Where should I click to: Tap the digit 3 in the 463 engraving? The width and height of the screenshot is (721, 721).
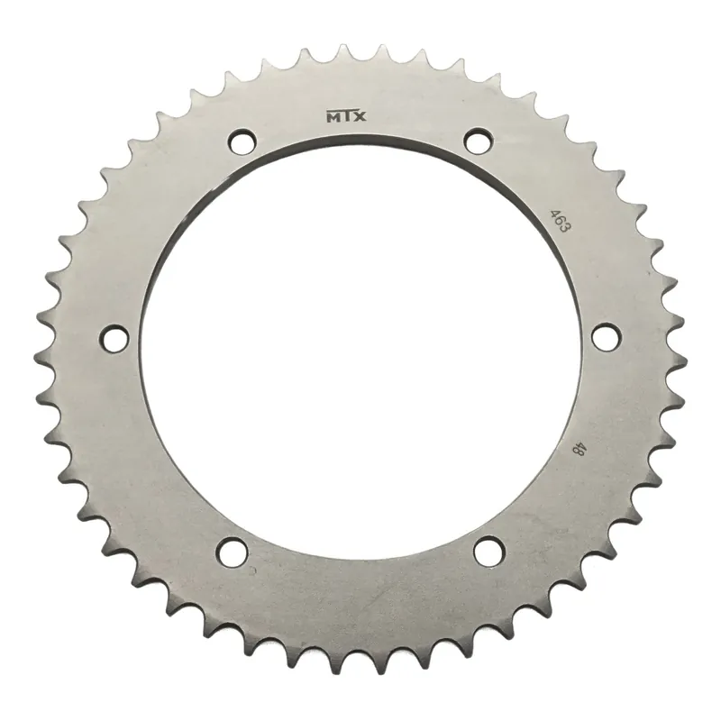click(x=566, y=229)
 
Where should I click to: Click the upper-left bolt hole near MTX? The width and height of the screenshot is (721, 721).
click(x=242, y=141)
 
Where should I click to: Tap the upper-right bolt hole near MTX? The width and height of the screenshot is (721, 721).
click(x=479, y=141)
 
